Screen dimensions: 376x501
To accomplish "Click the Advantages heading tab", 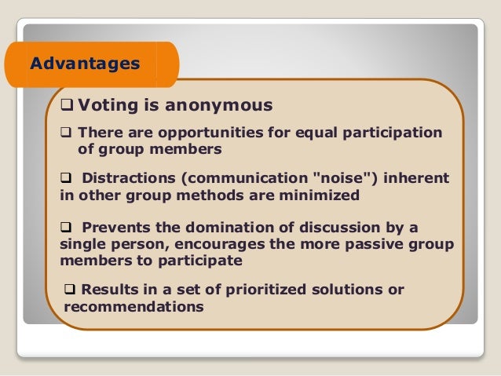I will (x=85, y=62).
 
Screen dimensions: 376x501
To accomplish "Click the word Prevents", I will (x=113, y=228).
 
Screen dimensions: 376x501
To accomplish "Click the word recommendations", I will (x=133, y=306).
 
